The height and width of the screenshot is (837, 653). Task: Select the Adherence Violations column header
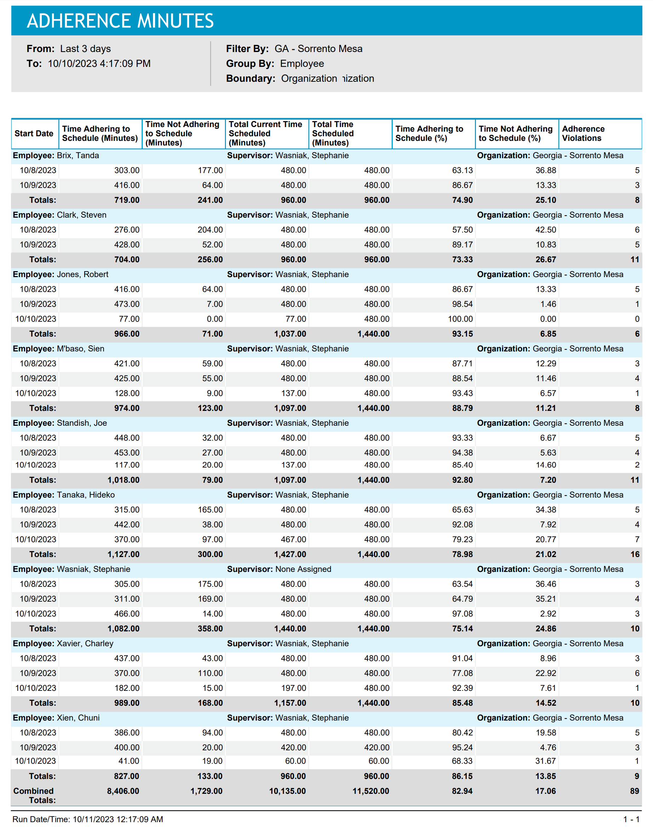(x=583, y=133)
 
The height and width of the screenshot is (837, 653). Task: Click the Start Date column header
(x=34, y=133)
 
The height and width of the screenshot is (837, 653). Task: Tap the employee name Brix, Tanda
(x=78, y=156)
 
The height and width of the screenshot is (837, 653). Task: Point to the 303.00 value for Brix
(x=126, y=170)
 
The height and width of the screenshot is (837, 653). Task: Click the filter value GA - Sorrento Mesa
(x=318, y=49)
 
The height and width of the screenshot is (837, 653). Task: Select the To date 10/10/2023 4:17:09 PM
(x=99, y=64)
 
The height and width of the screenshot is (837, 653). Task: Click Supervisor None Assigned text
(x=303, y=569)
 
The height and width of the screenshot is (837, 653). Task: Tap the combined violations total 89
(x=634, y=791)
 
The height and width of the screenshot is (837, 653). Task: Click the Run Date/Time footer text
(x=87, y=819)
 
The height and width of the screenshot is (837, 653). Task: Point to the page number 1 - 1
(x=631, y=819)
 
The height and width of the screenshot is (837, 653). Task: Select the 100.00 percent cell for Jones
(x=460, y=319)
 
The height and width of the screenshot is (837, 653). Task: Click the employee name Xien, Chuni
(x=78, y=718)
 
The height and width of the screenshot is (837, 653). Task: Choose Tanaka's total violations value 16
(x=635, y=554)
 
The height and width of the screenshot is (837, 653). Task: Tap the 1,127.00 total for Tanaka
(x=123, y=554)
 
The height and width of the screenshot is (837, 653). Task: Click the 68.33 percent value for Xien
(x=462, y=761)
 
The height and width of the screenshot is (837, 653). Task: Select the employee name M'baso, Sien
(x=80, y=349)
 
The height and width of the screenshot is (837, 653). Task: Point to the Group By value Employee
(x=302, y=64)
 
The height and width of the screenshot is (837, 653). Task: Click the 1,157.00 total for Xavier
(x=290, y=703)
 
